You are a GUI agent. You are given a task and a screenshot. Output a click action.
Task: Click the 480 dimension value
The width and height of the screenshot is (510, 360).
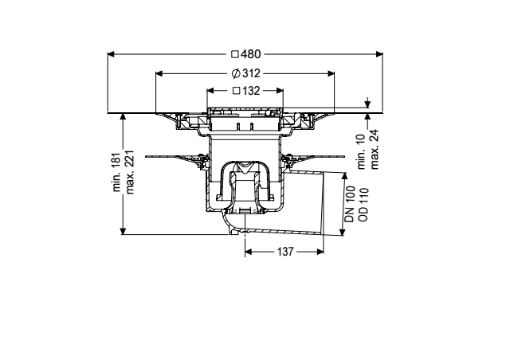pos(251,54)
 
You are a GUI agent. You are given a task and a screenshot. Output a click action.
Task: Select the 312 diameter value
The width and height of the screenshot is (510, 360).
pos(251,73)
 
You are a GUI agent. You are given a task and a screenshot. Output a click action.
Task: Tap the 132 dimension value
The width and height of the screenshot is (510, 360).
pos(251,91)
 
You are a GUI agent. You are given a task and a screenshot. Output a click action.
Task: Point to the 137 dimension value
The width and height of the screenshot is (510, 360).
pos(285,252)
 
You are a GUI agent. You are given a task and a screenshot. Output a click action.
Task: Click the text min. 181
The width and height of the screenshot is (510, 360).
pos(117,172)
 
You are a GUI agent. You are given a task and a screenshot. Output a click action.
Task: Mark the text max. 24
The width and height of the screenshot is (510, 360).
pos(374,150)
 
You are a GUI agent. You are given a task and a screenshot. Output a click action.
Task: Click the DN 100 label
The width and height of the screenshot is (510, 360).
pos(350,204)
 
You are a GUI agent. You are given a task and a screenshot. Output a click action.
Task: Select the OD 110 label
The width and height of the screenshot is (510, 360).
pos(363,204)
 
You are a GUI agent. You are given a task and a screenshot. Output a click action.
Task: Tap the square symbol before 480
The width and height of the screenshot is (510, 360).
pos(235,54)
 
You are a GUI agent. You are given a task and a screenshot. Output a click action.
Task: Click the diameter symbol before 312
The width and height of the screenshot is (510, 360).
pos(236,73)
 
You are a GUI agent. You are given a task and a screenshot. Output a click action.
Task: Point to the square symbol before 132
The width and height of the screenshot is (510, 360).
pos(237,91)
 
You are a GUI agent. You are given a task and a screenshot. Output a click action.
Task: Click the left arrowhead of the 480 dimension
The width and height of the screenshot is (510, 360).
pos(111,54)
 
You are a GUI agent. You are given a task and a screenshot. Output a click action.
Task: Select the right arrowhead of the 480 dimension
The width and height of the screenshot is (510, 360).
pos(379,54)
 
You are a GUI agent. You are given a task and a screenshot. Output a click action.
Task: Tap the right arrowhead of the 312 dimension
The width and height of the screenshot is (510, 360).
pos(331,73)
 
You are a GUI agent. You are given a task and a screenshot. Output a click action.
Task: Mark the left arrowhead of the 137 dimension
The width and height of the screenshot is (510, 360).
pos(249,252)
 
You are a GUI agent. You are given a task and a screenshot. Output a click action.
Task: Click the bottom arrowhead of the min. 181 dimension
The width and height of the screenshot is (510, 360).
pos(123,230)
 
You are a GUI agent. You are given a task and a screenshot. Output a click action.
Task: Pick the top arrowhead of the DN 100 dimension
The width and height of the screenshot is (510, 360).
pos(344,176)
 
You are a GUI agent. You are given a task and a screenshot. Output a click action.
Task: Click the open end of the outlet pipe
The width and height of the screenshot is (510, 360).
pos(323,202)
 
